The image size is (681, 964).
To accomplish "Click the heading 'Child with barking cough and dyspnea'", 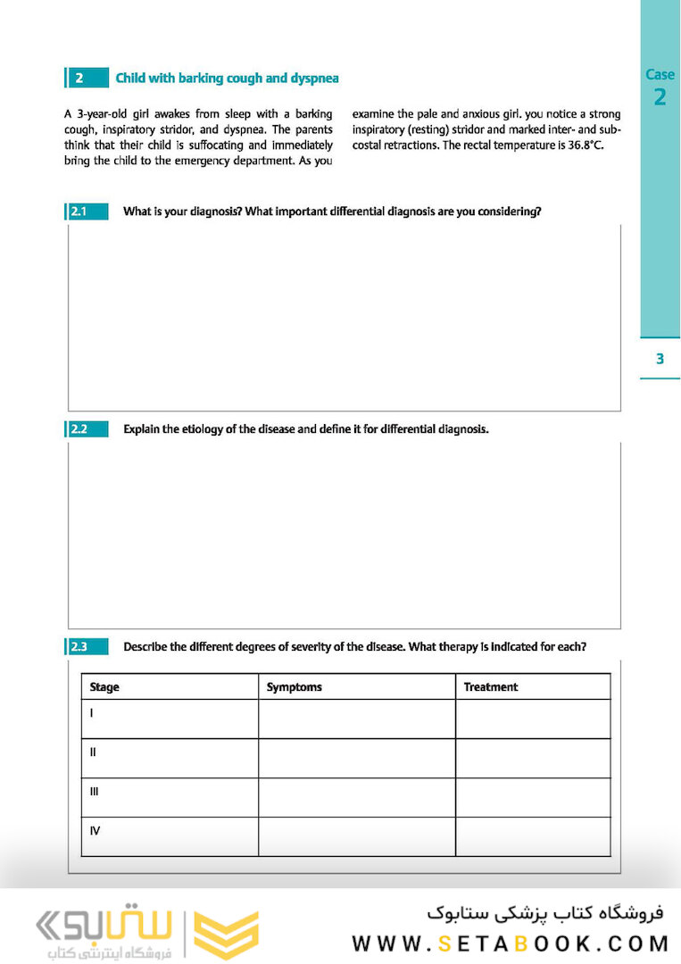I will click(x=227, y=79).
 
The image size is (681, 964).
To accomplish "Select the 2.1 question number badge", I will click(x=87, y=212).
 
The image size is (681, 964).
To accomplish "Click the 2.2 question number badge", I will click(x=87, y=429).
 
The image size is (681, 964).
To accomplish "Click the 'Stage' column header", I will click(x=104, y=687).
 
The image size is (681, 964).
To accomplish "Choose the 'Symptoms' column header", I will click(x=294, y=687).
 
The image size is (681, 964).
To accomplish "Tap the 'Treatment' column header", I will click(x=490, y=687).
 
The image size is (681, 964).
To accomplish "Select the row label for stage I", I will click(x=92, y=713).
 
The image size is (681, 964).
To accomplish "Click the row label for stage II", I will click(x=93, y=752).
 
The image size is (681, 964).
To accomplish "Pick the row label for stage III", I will click(x=94, y=792).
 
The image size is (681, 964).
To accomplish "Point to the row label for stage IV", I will click(x=95, y=831).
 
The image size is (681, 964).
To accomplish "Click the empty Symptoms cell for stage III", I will click(x=356, y=797).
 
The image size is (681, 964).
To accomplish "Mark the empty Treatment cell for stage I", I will click(x=532, y=719).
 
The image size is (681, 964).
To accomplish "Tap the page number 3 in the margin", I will click(x=660, y=359).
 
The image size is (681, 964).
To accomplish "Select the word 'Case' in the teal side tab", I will click(x=660, y=75).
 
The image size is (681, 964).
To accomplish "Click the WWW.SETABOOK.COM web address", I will click(x=510, y=943).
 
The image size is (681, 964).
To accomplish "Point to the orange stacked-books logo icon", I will click(x=226, y=935).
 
